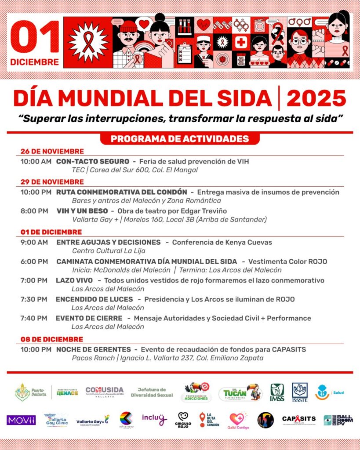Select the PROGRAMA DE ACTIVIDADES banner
tap(180, 139)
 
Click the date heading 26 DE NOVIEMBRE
tap(52, 152)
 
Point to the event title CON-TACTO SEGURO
tap(93, 162)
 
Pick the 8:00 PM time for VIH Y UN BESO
tap(34, 211)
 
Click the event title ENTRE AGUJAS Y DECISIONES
tap(108, 242)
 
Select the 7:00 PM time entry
tap(34, 280)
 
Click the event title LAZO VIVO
tap(74, 280)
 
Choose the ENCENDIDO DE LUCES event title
tap(94, 299)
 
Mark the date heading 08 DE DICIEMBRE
tap(52, 340)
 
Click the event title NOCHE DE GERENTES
tap(94, 349)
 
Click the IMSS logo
tap(277, 392)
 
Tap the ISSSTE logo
tap(300, 392)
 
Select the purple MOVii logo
tap(21, 420)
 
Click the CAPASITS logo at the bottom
tap(299, 420)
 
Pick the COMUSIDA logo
tap(105, 392)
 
